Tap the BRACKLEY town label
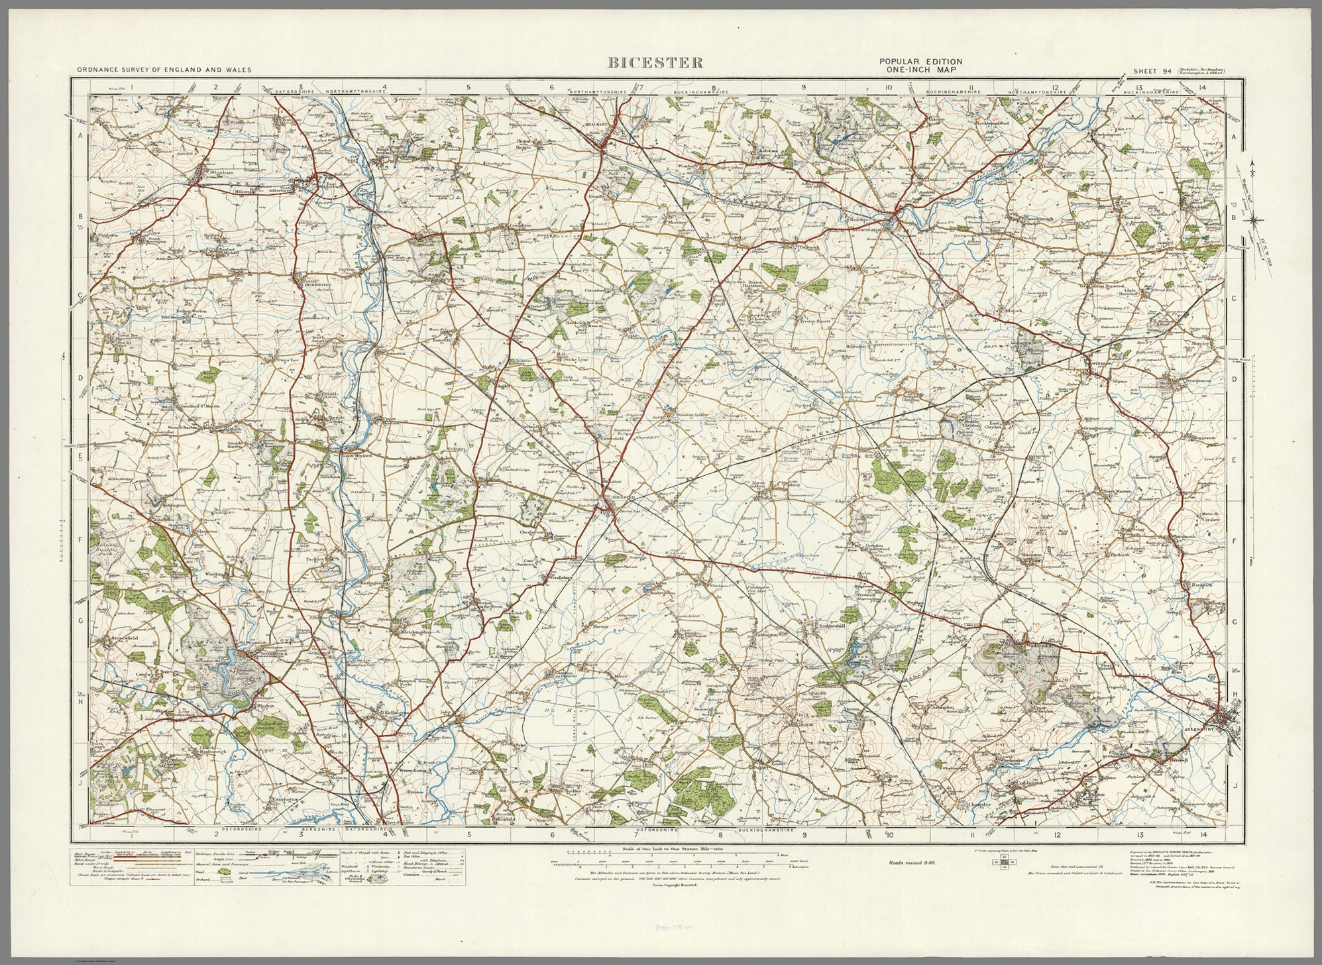[x=598, y=125]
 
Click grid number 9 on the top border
[x=803, y=87]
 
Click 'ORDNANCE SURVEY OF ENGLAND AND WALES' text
[x=157, y=69]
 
